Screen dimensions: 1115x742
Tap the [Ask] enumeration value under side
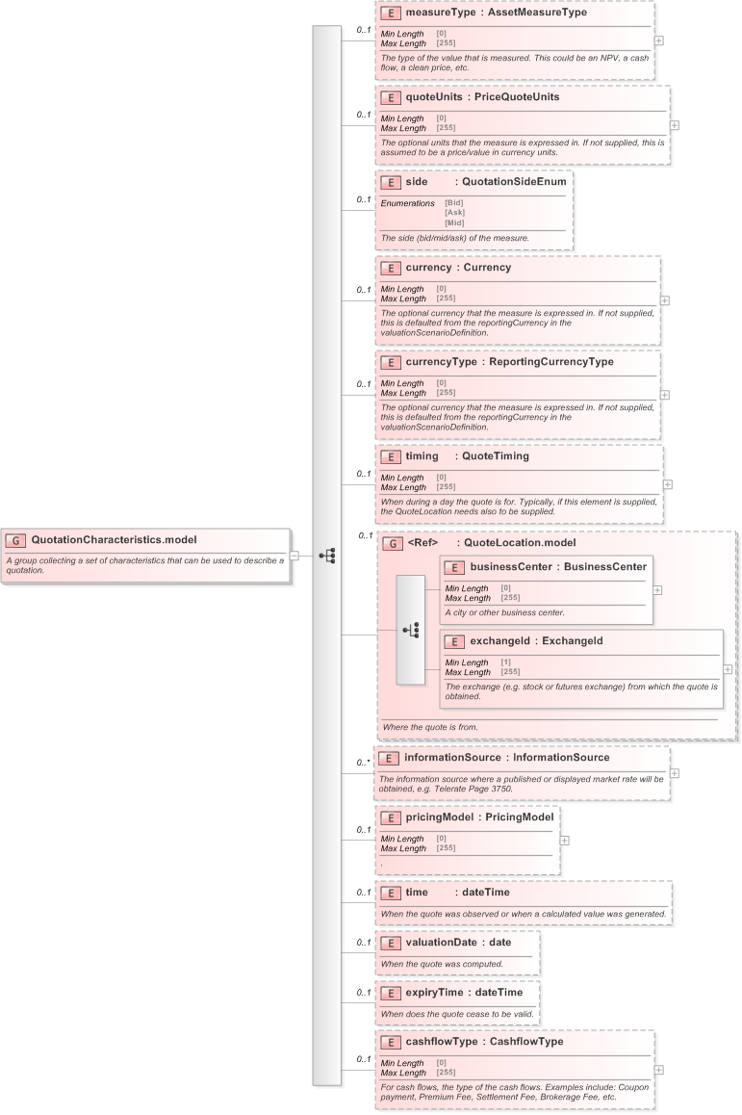(454, 213)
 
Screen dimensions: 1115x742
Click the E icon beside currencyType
(391, 363)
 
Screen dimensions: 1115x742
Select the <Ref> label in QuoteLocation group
(422, 543)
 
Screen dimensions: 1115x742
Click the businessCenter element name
(510, 567)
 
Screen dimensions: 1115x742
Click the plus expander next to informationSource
(674, 772)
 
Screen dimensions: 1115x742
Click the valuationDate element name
(443, 943)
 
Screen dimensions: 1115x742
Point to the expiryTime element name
(436, 993)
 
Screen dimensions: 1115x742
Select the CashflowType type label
(525, 1042)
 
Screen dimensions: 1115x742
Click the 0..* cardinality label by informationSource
(363, 763)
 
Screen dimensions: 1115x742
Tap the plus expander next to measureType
(658, 41)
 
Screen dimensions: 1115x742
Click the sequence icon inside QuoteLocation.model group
(410, 631)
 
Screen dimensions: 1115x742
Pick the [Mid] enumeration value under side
(454, 222)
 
